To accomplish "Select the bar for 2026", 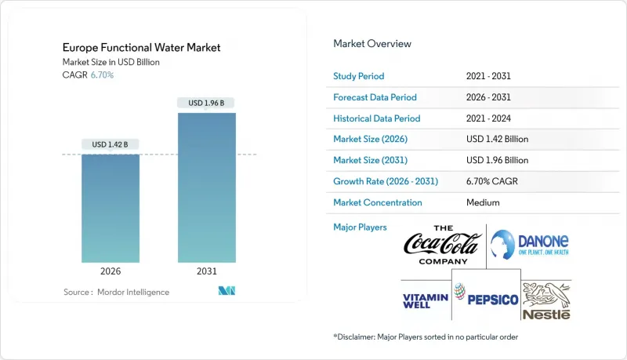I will (x=111, y=208).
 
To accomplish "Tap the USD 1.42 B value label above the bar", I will (x=111, y=144).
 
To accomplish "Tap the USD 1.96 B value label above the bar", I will (x=206, y=103).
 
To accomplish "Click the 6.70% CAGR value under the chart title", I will (x=101, y=75).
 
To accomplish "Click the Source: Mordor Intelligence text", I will (x=116, y=292).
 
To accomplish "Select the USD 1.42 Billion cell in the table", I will (x=497, y=140).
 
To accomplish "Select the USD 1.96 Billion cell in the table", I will (x=497, y=160).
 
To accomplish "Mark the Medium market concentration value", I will (x=483, y=202).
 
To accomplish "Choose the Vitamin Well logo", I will (x=425, y=300).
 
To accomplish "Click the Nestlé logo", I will (x=547, y=300).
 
